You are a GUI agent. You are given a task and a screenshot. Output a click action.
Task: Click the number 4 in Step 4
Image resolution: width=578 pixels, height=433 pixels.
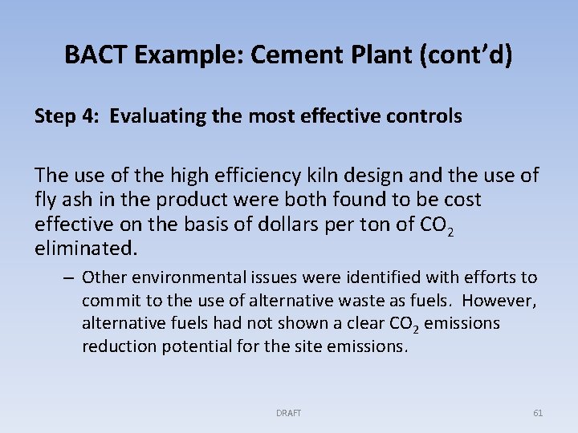[x=88, y=116]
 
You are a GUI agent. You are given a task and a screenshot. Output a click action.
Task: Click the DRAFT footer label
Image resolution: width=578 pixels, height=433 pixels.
[x=288, y=413]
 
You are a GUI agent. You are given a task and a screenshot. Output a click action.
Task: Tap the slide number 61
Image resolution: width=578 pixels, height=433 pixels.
[x=538, y=413]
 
